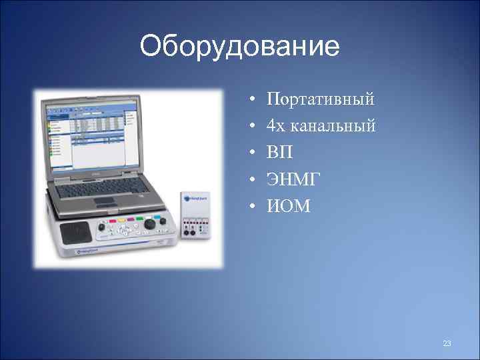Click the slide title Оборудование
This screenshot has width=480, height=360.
click(x=240, y=47)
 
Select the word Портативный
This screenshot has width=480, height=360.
click(x=320, y=100)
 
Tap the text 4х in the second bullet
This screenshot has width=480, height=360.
click(x=277, y=125)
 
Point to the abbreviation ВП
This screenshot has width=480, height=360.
click(x=279, y=152)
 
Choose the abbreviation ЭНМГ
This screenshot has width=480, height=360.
click(x=294, y=179)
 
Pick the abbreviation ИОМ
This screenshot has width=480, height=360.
click(x=289, y=206)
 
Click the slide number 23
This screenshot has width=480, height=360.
click(x=447, y=343)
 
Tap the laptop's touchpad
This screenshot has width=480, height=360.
click(x=105, y=201)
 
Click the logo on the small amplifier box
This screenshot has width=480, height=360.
click(x=195, y=198)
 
